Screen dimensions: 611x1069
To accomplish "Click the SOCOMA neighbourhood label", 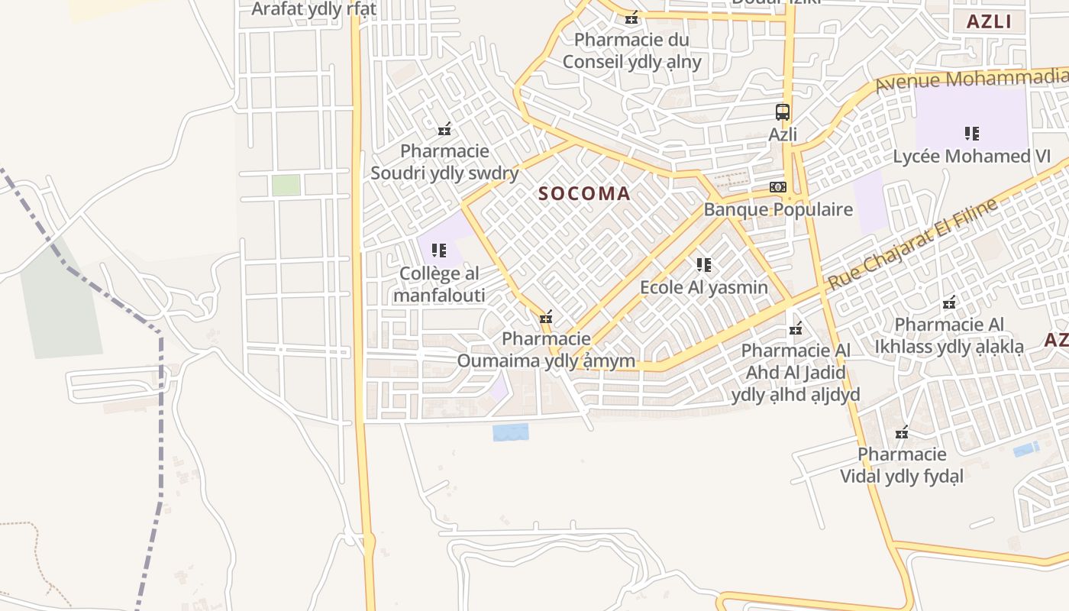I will [584, 194].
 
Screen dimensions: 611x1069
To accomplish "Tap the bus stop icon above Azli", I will [783, 112].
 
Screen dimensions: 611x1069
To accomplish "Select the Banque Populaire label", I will [778, 209].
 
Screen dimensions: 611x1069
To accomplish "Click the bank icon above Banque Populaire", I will [778, 187].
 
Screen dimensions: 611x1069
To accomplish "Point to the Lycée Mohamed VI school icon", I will [972, 134].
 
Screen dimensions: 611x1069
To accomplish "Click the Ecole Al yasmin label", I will [703, 288].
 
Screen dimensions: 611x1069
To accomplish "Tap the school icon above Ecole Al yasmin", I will [704, 265].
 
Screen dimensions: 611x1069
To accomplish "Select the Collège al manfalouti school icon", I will [439, 250].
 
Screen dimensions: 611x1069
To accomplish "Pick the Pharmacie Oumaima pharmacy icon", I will [546, 317].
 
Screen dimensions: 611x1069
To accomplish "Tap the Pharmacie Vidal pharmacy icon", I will [902, 432].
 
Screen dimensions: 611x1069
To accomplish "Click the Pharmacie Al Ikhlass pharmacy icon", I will [949, 302].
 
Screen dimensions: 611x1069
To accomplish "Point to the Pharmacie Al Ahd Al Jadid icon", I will [796, 328].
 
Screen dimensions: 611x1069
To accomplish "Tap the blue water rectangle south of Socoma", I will [510, 432].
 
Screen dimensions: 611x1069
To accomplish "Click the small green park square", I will [286, 185].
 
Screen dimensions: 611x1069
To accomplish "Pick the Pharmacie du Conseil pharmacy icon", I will [631, 18].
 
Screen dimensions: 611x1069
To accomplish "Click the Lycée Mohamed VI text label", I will [972, 157].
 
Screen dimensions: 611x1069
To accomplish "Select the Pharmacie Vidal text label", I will [902, 465].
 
